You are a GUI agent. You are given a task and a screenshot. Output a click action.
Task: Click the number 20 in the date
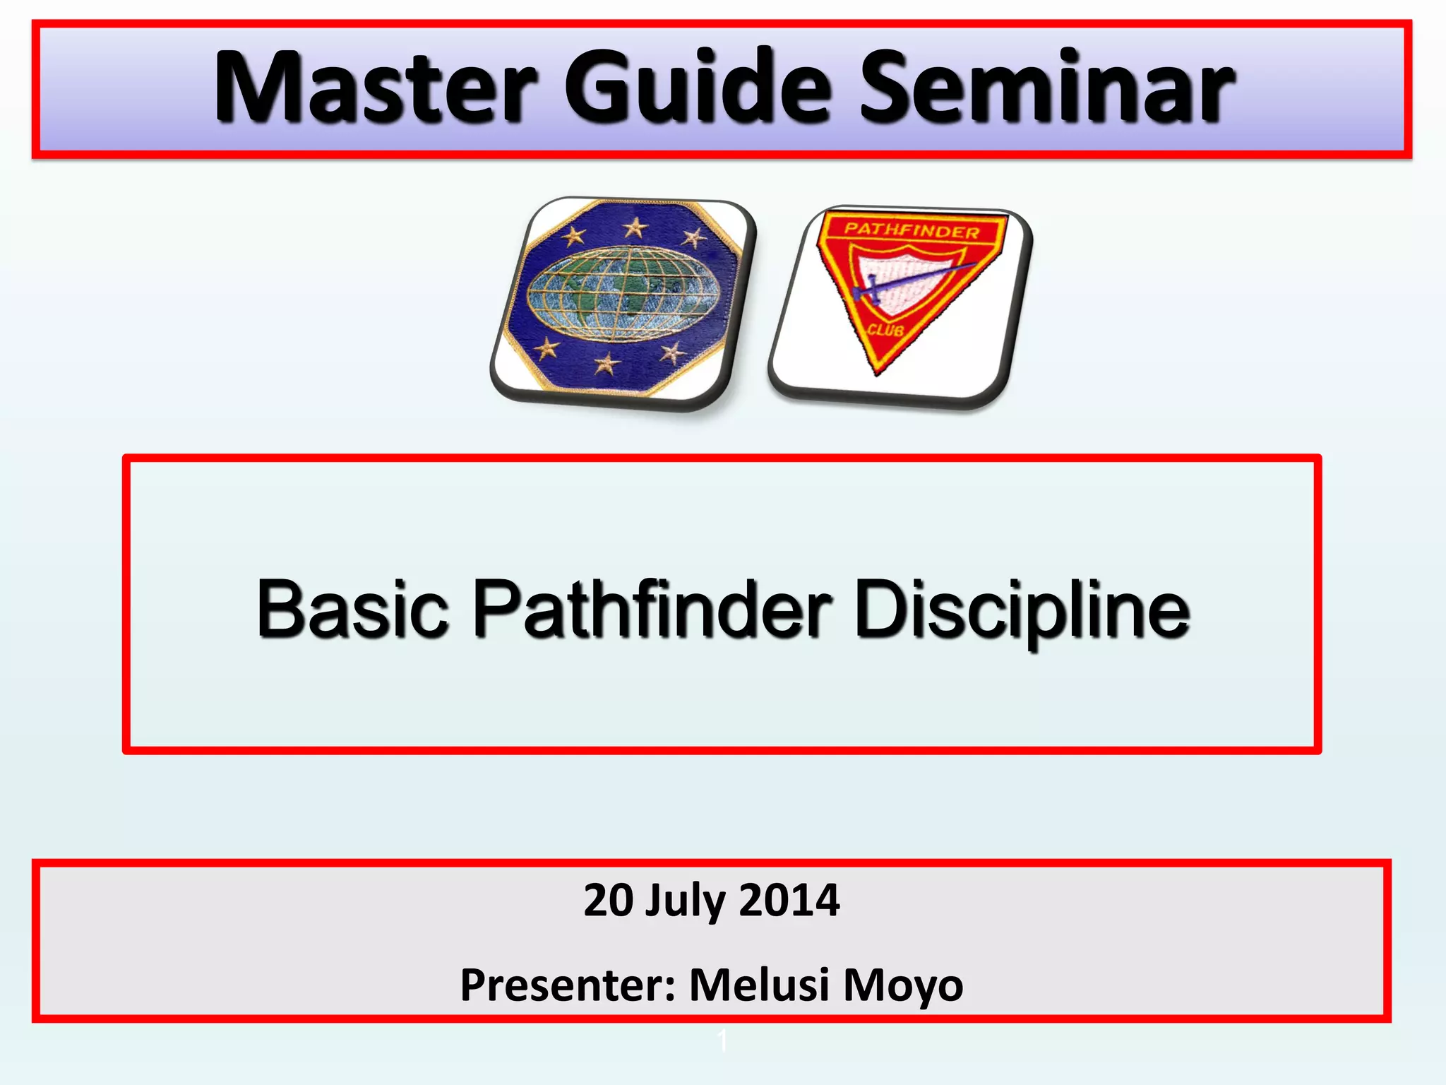point(609,901)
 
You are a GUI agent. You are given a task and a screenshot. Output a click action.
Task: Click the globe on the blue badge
point(623,293)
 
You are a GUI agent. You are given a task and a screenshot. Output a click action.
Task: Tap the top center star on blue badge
point(635,227)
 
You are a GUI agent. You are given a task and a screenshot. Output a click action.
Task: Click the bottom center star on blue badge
point(606,364)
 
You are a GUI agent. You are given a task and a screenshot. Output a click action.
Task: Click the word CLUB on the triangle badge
point(885,330)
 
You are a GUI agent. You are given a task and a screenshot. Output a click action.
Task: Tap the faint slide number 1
point(722,1040)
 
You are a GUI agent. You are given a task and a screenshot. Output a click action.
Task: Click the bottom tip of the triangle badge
point(878,372)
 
